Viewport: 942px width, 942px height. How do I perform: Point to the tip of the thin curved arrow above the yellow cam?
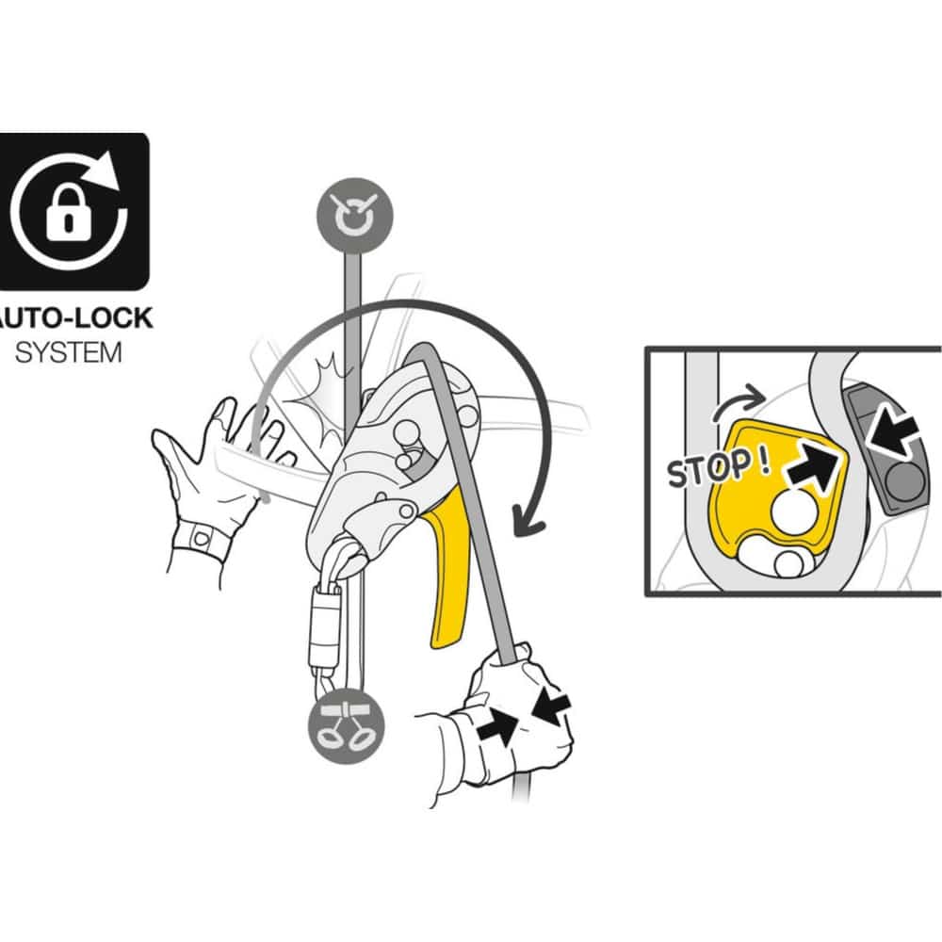pos(765,397)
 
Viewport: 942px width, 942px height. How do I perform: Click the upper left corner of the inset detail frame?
pos(646,349)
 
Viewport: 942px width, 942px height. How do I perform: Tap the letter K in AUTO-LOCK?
pos(142,317)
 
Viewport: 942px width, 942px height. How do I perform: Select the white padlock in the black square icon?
pos(69,212)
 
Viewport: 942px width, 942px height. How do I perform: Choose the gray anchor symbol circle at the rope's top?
pos(355,215)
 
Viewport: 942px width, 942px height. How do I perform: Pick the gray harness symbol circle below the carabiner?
pos(346,726)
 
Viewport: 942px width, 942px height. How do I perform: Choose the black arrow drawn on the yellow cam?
pos(812,464)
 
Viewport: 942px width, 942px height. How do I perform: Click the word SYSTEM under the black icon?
pos(68,353)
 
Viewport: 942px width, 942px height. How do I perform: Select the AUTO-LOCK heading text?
pos(75,317)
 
